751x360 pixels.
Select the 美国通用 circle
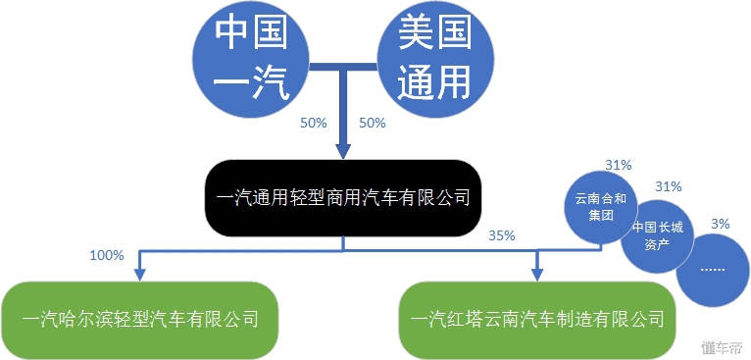[x=433, y=61]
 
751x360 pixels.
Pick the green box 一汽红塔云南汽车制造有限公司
[x=537, y=319]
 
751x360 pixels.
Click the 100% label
[x=106, y=255]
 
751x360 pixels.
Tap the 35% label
[x=501, y=235]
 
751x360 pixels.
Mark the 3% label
[x=721, y=225]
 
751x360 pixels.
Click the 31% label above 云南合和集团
[x=619, y=164]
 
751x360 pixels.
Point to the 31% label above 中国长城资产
[x=668, y=186]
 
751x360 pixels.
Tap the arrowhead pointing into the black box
[x=342, y=151]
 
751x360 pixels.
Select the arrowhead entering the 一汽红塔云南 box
[x=537, y=272]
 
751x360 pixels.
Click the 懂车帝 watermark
[x=722, y=346]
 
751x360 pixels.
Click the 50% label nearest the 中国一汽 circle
[x=313, y=124]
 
